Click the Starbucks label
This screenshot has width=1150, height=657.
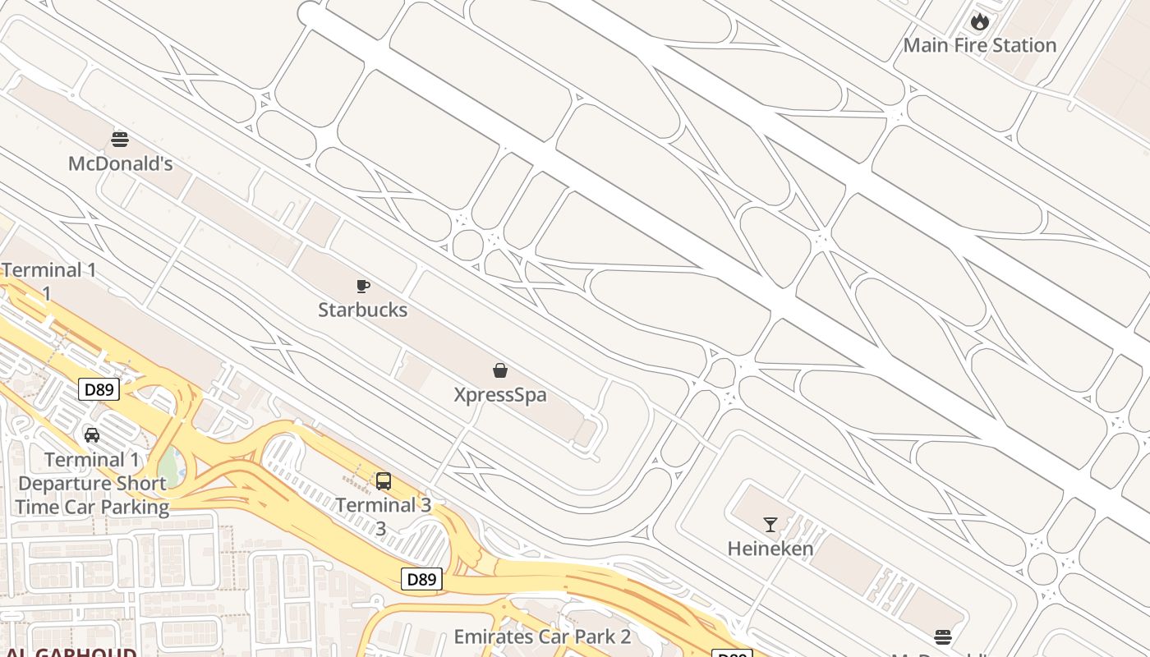click(362, 310)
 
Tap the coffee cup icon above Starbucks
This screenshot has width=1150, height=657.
click(362, 286)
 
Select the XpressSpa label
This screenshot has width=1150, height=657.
click(500, 395)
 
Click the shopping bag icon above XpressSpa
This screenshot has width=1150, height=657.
click(500, 370)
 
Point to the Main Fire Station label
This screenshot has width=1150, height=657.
click(979, 45)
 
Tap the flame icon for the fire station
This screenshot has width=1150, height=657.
click(979, 21)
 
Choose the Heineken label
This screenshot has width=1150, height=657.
click(770, 549)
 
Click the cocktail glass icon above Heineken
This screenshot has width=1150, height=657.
click(770, 524)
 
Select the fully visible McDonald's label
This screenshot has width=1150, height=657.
click(120, 163)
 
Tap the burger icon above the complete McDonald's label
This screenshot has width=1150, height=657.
click(120, 139)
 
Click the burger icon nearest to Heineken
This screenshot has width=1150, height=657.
click(942, 637)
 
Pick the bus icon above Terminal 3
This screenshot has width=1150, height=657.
click(384, 481)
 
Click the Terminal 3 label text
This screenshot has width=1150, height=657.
click(384, 505)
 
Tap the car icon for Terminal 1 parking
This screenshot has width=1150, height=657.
click(92, 435)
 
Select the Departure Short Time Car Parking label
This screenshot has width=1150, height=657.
click(92, 495)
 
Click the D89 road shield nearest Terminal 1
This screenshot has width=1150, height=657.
click(99, 389)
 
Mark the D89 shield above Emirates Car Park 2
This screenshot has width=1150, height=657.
click(422, 579)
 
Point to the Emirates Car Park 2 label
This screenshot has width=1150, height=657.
click(542, 636)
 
